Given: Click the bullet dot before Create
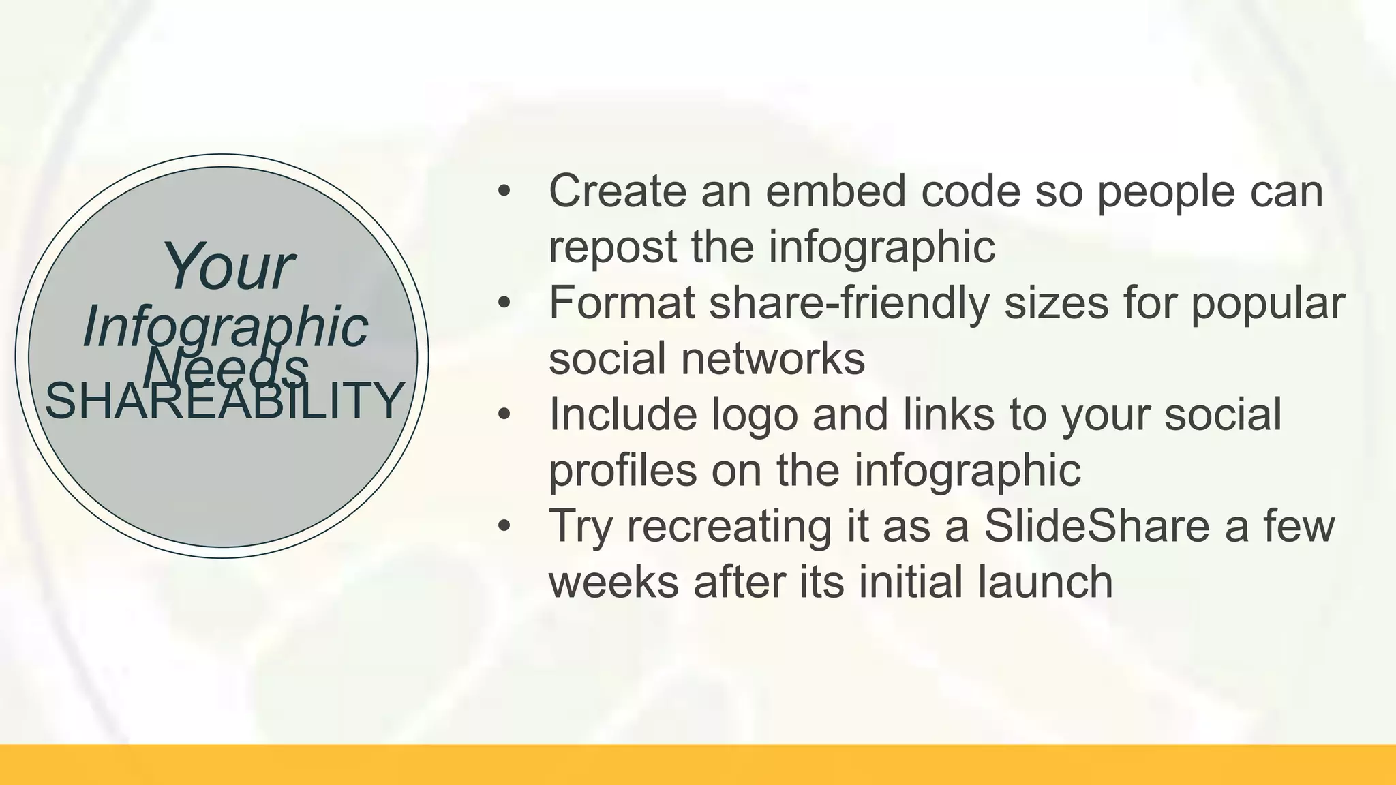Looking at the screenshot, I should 504,191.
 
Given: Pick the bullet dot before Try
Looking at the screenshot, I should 504,526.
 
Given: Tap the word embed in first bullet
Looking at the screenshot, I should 835,191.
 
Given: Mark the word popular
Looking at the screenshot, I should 1267,304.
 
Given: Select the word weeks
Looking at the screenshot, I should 613,582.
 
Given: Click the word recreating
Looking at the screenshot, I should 729,526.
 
